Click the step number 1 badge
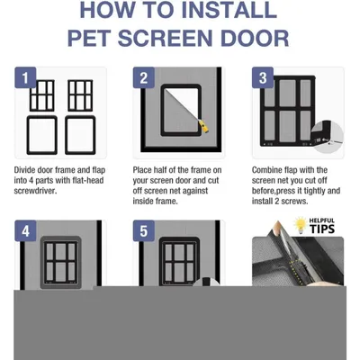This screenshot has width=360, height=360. pos(25,77)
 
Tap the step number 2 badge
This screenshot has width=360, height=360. pos(144,77)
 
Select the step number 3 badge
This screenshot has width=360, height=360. pos(263,77)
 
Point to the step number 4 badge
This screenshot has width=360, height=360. pos(25,231)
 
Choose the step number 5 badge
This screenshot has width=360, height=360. pos(144,231)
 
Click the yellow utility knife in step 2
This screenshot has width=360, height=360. pos(204,126)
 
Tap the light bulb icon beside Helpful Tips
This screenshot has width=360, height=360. pos(301,225)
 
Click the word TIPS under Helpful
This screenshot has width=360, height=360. pos(322,229)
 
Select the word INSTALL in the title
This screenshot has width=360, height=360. pos(229,10)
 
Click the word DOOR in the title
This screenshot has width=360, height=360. pos(255,38)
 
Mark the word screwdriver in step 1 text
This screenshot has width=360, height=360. pos(35,191)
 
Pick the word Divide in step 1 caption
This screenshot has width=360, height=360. pos(24,170)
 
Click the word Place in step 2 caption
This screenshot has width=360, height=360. pos(142,170)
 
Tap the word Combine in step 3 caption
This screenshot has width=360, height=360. pos(265,170)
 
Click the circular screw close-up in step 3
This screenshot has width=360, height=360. pos(328,139)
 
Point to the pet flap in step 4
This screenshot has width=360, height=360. pos(60,263)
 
